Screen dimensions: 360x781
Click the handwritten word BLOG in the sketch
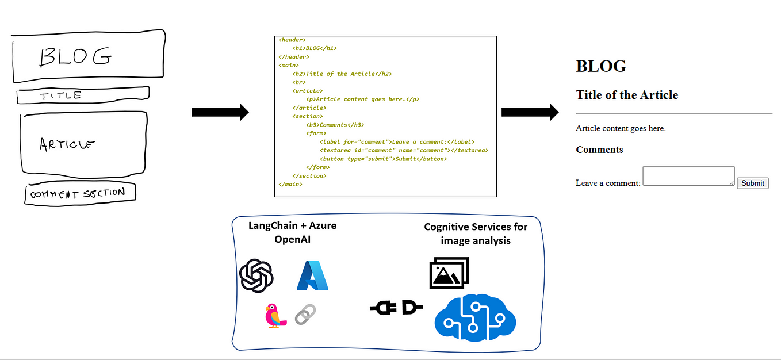(75, 56)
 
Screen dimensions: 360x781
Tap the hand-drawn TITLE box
(83, 95)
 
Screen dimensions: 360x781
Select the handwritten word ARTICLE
(67, 144)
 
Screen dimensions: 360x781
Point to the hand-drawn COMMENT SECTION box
(80, 194)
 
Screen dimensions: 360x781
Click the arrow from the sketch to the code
(220, 112)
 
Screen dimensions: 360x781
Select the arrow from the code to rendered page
(530, 112)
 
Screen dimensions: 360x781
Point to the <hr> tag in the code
(298, 82)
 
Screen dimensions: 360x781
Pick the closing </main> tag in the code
(290, 184)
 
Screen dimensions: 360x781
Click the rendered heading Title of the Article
(627, 95)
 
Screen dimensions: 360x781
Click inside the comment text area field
(688, 176)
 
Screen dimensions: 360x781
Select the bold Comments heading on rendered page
(599, 150)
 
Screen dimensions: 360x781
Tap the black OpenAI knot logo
(256, 275)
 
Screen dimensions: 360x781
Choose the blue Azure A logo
(312, 275)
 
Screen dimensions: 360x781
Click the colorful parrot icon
(275, 316)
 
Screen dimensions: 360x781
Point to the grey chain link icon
(305, 315)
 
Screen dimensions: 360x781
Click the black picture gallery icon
(449, 272)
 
